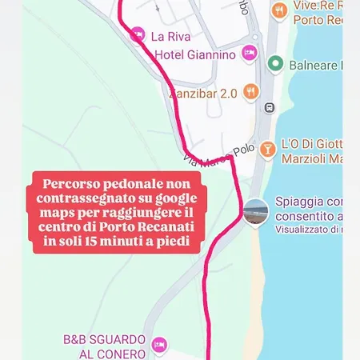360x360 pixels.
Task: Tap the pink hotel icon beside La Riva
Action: tap(138, 34)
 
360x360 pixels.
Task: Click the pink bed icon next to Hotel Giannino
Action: tap(249, 54)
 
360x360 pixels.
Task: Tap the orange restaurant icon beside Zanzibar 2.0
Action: tap(250, 91)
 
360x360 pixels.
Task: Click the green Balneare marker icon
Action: tap(275, 63)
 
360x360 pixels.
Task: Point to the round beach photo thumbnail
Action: tap(256, 212)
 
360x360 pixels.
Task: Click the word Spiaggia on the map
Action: tap(300, 201)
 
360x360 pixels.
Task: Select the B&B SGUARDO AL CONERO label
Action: tap(104, 346)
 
